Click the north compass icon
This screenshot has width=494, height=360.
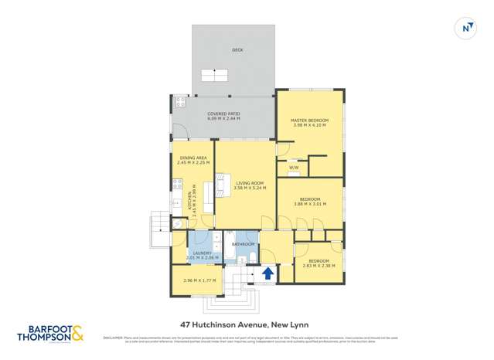coord(466,28)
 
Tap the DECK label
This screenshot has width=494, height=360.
coord(237,50)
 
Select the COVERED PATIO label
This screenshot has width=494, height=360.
coord(223,114)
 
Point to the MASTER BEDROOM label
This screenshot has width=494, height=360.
coord(310,121)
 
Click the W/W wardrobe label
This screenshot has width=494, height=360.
coord(294,168)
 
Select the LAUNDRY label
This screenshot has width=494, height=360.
coord(203,253)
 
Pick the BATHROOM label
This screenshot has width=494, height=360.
coord(244,244)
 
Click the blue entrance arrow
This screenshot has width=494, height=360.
coord(268,273)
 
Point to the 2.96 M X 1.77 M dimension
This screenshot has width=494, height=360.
coord(197,280)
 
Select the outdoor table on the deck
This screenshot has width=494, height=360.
coord(214,75)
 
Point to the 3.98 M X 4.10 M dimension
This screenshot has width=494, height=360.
coord(310,126)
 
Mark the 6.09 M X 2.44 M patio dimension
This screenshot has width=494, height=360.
coord(223,119)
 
